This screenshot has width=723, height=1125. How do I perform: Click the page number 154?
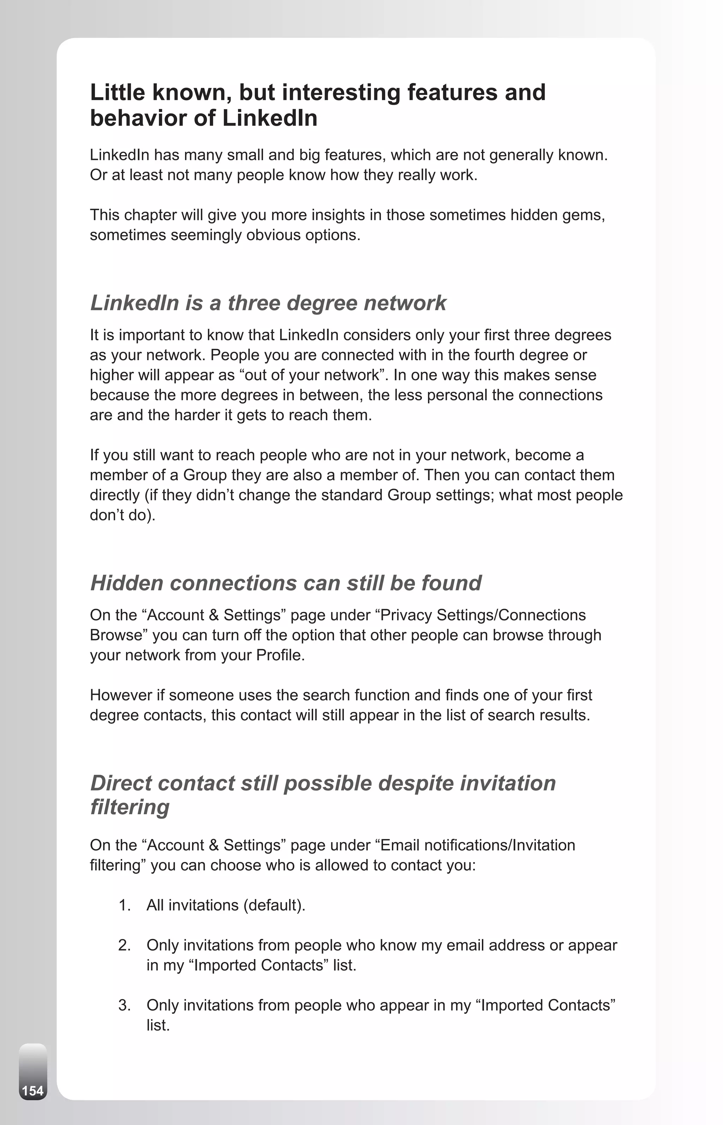(33, 1090)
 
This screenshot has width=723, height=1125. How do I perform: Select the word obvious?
(274, 235)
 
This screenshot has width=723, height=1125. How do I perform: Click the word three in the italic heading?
(253, 303)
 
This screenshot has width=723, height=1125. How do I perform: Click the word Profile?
(280, 655)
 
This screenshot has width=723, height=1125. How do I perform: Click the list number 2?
(124, 945)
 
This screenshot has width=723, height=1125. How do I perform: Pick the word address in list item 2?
(516, 945)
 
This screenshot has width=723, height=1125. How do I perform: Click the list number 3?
(124, 1005)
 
